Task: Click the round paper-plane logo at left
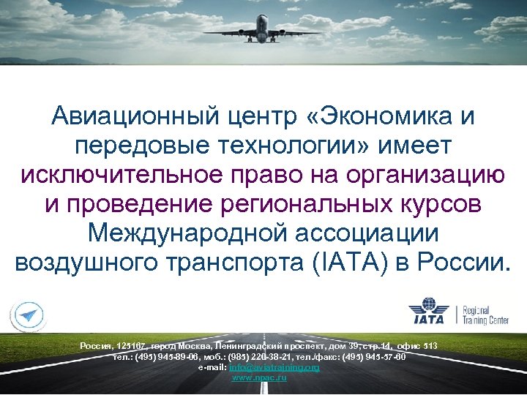pos(29,315)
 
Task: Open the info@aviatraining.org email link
pos(274,367)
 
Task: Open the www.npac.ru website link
pos(258,377)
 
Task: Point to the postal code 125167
pos(130,345)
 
